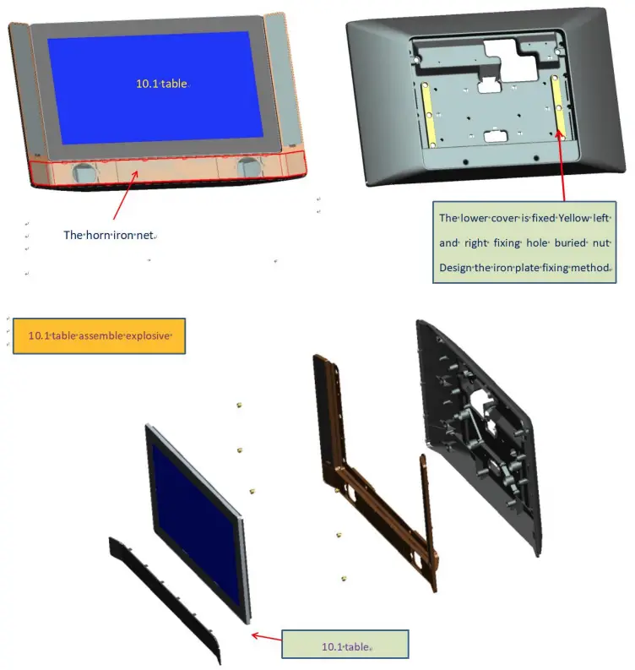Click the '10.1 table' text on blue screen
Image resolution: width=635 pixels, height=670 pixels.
pos(162,84)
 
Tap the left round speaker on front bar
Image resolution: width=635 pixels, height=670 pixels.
pos(83,172)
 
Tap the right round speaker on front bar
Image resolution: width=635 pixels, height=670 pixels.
pos(247,166)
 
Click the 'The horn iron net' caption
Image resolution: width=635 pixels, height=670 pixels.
pos(109,235)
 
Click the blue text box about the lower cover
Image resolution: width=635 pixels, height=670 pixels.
pos(524,242)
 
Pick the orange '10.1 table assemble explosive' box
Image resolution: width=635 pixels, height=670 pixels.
pos(99,335)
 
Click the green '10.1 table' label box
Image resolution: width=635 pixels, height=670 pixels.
pos(345,646)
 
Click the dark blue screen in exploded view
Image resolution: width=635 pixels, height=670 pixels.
pos(196,525)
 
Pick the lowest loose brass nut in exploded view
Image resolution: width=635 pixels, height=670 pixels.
pos(344,578)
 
